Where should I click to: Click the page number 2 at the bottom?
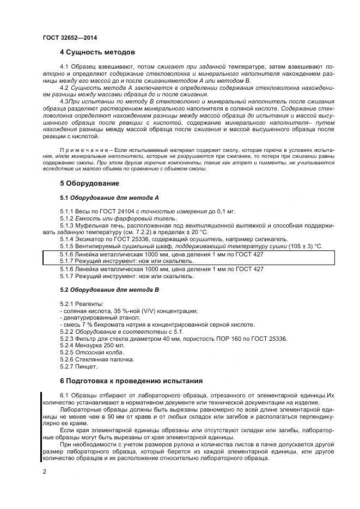coord(44,471)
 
